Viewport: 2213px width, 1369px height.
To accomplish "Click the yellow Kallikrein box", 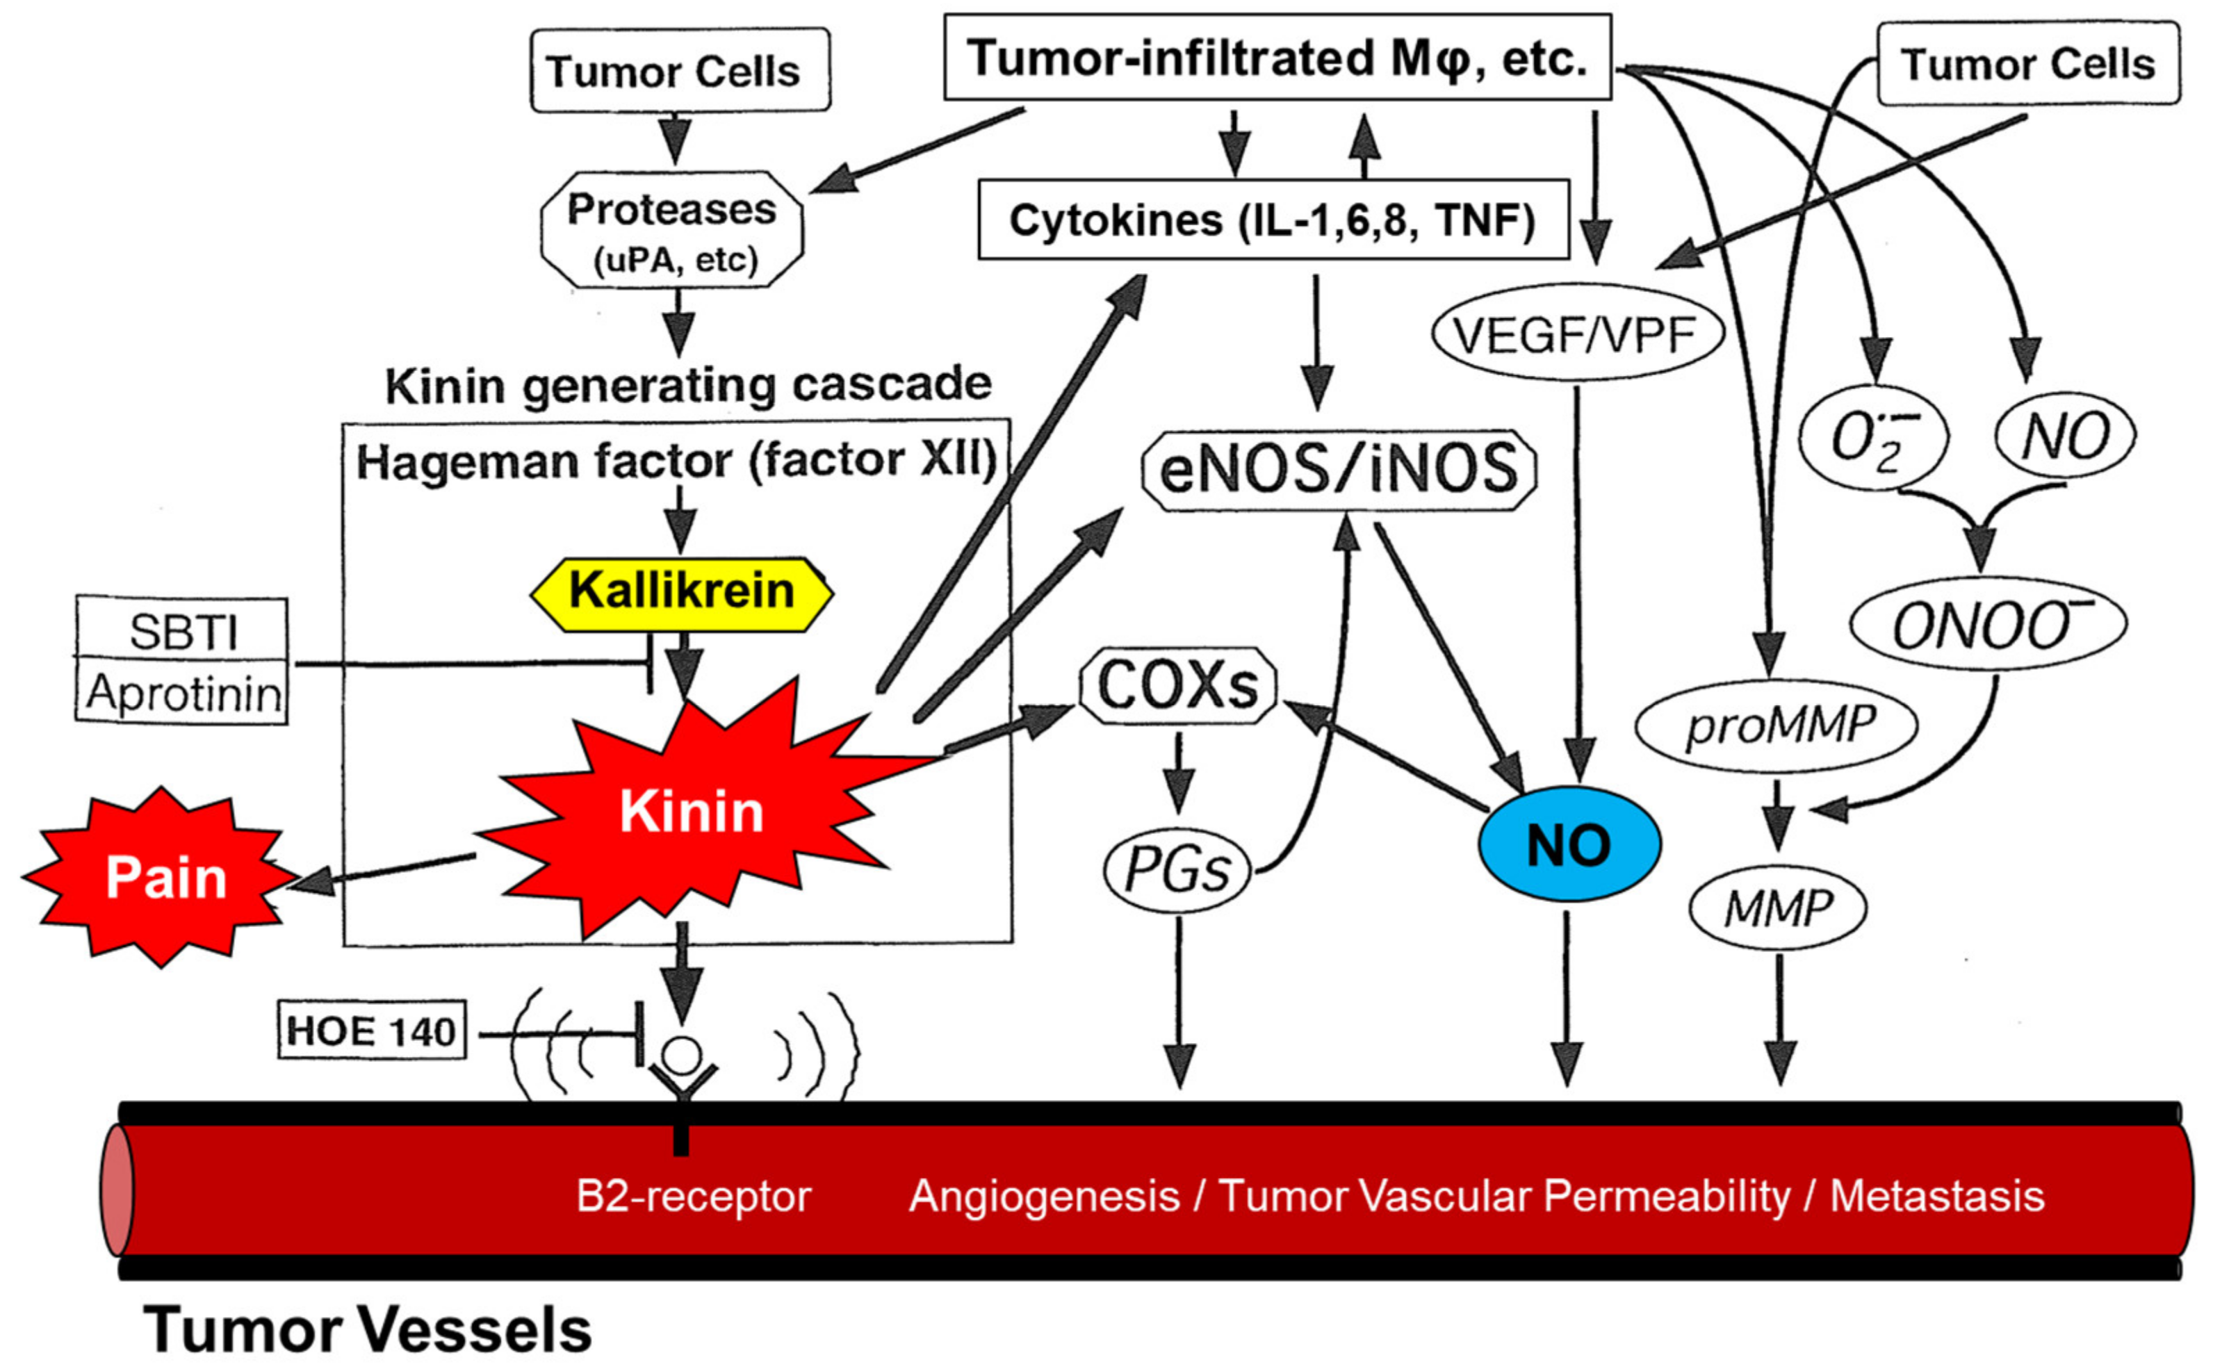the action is (x=681, y=593).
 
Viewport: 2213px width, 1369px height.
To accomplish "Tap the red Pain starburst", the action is (x=161, y=876).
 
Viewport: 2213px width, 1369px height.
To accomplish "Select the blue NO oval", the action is (x=1569, y=844).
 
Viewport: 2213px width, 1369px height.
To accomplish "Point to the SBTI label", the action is (x=183, y=631).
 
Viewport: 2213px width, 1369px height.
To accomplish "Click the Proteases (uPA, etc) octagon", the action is (x=672, y=230).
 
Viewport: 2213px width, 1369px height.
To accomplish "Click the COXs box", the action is (x=1178, y=685).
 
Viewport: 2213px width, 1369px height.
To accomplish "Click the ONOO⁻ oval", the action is (x=1986, y=625).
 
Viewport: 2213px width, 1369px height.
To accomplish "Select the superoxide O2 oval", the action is (x=1873, y=439).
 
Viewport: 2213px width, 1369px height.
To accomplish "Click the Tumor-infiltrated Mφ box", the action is (x=1277, y=56).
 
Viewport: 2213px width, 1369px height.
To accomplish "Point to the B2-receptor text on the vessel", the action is (x=694, y=1196).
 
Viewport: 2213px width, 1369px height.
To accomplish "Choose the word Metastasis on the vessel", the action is (x=1938, y=1195).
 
